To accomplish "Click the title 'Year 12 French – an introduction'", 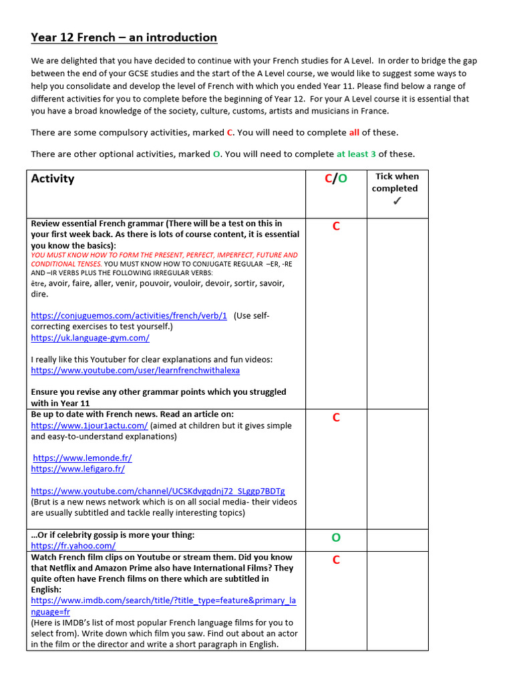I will pyautogui.click(x=124, y=37).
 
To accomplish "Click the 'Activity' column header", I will pyautogui.click(x=53, y=179).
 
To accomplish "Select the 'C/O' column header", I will pyautogui.click(x=335, y=179).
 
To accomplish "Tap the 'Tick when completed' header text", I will pyautogui.click(x=397, y=182).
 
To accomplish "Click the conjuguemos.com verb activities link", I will pyautogui.click(x=129, y=315).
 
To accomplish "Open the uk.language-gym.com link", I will pyautogui.click(x=90, y=338).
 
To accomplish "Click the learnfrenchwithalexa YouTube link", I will pyautogui.click(x=135, y=370).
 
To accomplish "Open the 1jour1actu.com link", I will pyautogui.click(x=89, y=425).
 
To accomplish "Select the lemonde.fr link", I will pyautogui.click(x=82, y=458).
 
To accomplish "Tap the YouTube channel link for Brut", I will pyautogui.click(x=158, y=491).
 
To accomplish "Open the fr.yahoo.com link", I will pyautogui.click(x=73, y=546).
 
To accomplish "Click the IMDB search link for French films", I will pyautogui.click(x=163, y=601).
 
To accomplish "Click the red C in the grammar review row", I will pyautogui.click(x=336, y=226).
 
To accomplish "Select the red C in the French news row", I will pyautogui.click(x=336, y=418).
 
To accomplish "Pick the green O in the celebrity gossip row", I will pyautogui.click(x=336, y=538).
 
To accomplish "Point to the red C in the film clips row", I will pyautogui.click(x=336, y=560).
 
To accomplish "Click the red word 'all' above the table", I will pyautogui.click(x=354, y=132).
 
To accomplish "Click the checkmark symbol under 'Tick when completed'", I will pyautogui.click(x=397, y=201).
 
